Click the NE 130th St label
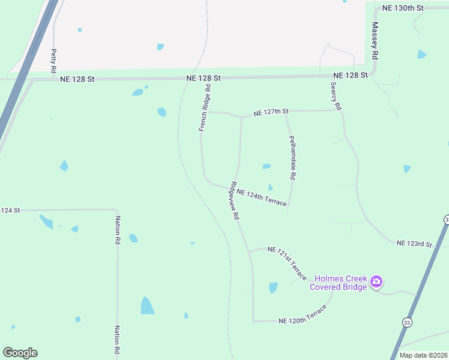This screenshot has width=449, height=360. pyautogui.click(x=403, y=8)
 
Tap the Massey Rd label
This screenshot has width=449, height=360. pyautogui.click(x=375, y=40)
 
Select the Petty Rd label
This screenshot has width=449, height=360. pyautogui.click(x=53, y=61)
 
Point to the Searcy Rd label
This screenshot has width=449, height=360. pyautogui.click(x=336, y=97)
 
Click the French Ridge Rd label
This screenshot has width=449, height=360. pyautogui.click(x=205, y=107)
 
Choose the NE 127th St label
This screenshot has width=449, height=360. pyautogui.click(x=271, y=112)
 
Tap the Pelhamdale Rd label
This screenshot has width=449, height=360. pyautogui.click(x=292, y=158)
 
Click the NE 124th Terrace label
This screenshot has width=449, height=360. pyautogui.click(x=262, y=197)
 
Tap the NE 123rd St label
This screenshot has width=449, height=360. pyautogui.click(x=415, y=243)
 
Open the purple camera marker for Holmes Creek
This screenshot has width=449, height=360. pyautogui.click(x=376, y=281)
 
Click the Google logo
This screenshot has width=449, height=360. pyautogui.click(x=20, y=353)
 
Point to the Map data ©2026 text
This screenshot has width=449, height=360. pyautogui.click(x=423, y=355)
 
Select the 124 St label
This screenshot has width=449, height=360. pyautogui.click(x=10, y=211)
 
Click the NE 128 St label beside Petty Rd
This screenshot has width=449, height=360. pyautogui.click(x=77, y=79)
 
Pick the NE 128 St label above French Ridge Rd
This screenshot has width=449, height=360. pyautogui.click(x=203, y=78)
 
